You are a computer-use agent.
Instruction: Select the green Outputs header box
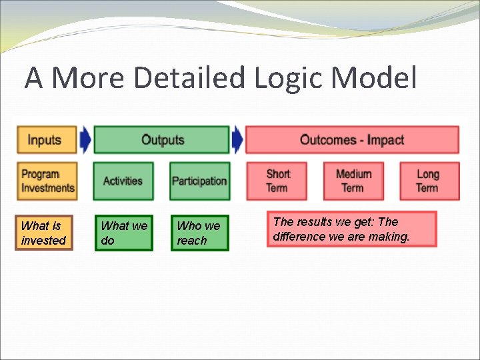click(161, 140)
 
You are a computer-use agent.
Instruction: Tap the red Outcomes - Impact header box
click(352, 140)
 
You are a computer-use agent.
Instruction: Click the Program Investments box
click(47, 181)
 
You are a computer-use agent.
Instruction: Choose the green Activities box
click(123, 181)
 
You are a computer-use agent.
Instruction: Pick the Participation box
click(199, 181)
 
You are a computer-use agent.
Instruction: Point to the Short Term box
click(277, 181)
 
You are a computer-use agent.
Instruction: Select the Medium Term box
click(353, 181)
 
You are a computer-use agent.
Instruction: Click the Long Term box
click(429, 181)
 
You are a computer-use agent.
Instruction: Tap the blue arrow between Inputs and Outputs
click(85, 140)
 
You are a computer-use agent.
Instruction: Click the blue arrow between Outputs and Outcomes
click(237, 140)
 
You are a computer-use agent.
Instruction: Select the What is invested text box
click(44, 233)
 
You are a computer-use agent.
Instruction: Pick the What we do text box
click(123, 233)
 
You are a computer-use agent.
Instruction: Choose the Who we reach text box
click(199, 233)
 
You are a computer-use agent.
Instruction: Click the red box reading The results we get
click(351, 229)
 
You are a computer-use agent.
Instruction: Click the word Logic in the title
click(290, 78)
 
